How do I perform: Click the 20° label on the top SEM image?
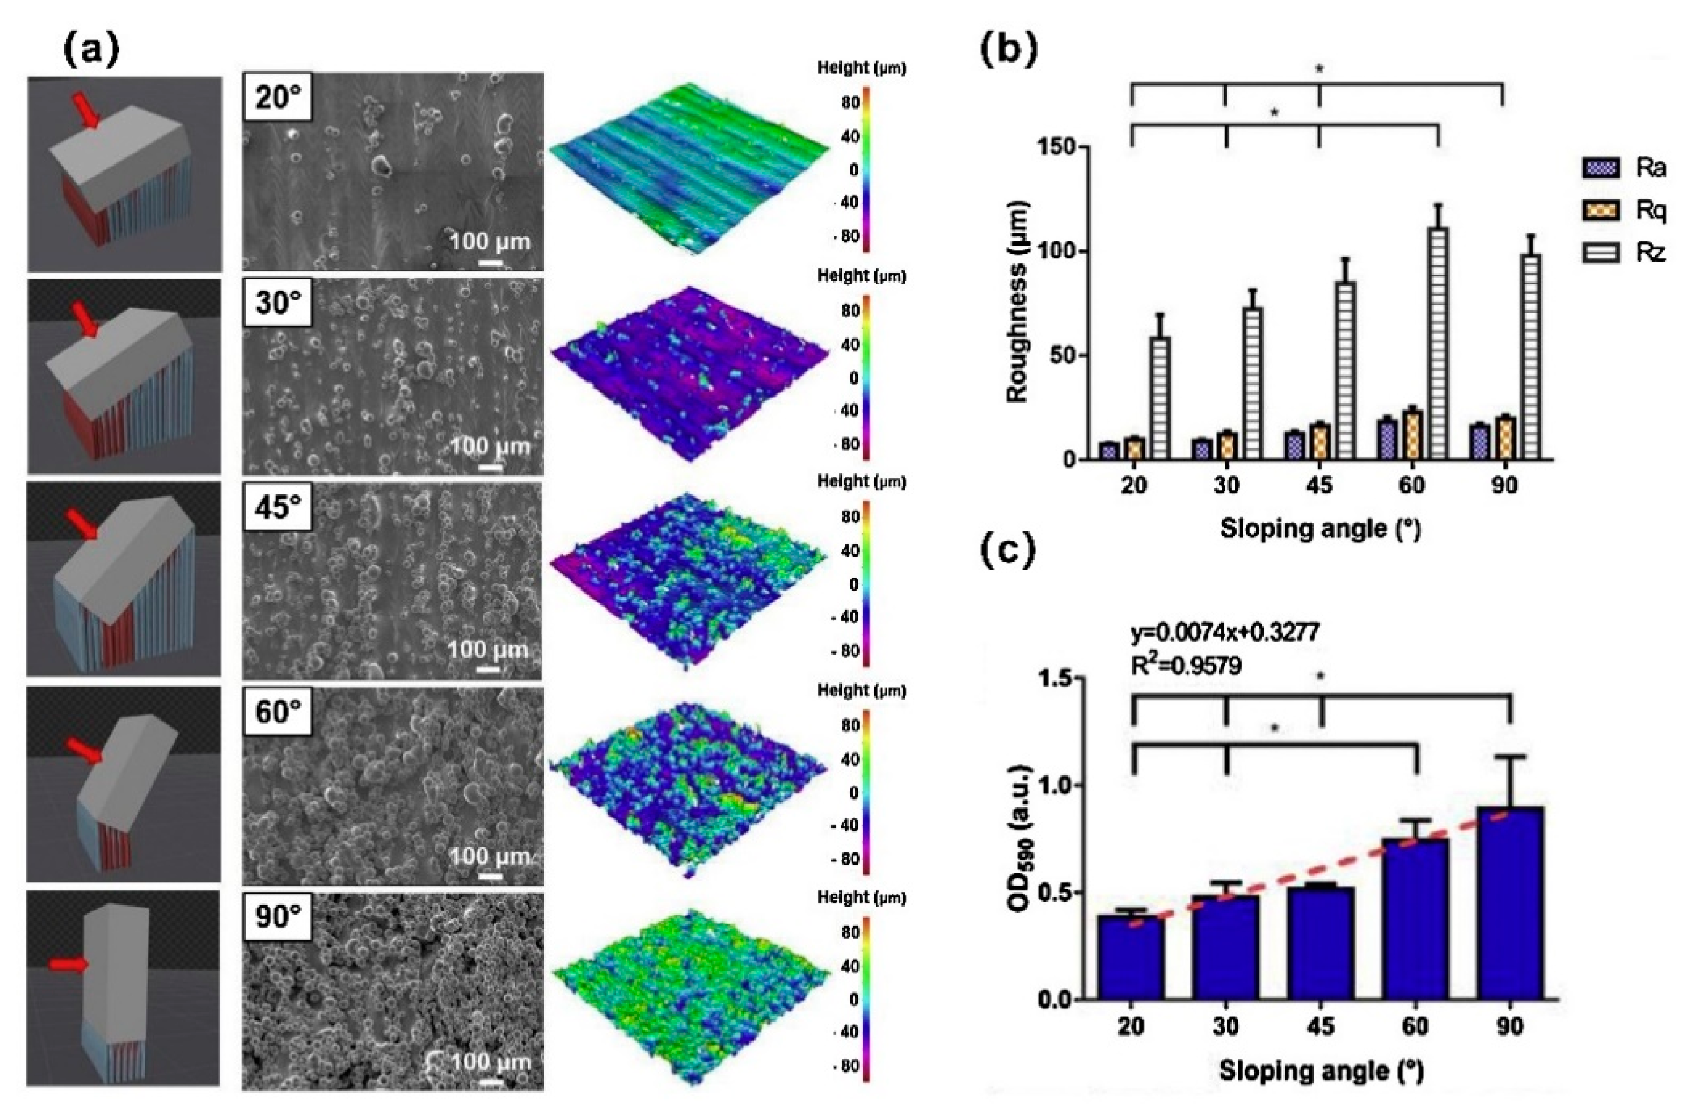point(277,97)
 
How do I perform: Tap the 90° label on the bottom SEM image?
point(277,918)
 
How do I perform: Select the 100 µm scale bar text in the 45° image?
point(487,650)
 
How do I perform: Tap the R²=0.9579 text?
point(1186,665)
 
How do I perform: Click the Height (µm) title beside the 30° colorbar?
point(860,276)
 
